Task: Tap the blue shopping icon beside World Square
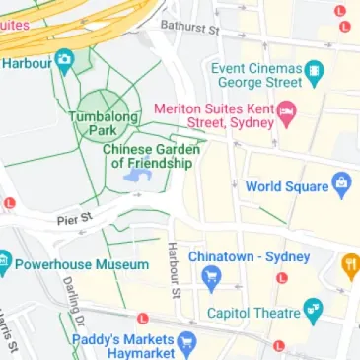[341, 183]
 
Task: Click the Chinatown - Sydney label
[249, 256]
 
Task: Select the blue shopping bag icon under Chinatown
[209, 279]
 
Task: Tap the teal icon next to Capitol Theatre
[313, 312]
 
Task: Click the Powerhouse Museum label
[83, 264]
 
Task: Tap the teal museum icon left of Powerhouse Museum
[4, 263]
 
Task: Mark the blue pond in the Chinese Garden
[137, 177]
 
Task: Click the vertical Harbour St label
[174, 270]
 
